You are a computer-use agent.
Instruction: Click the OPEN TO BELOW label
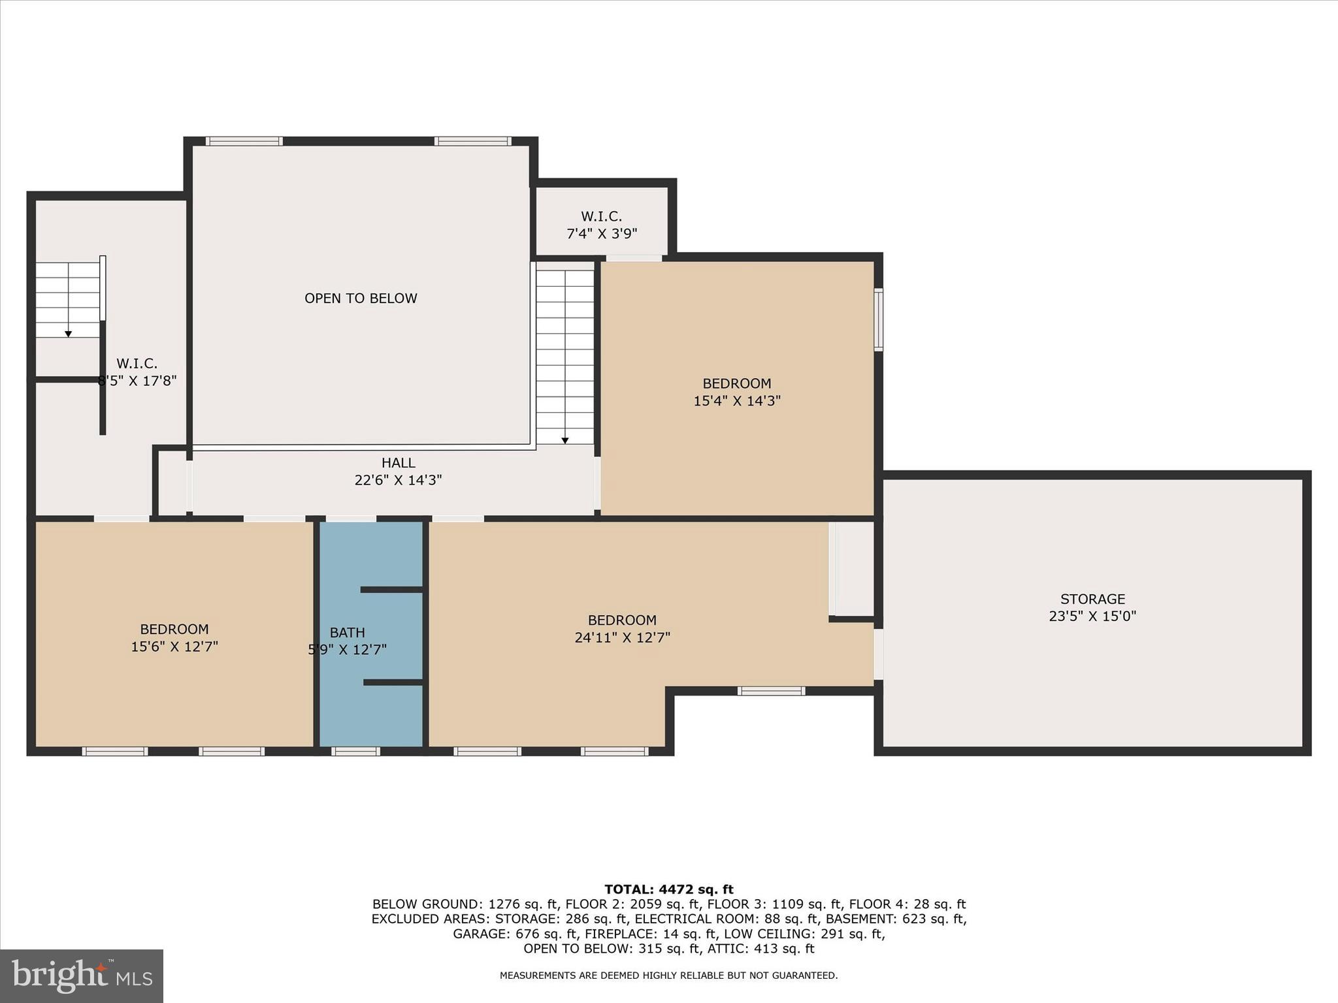point(361,298)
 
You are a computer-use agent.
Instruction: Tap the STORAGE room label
point(1092,599)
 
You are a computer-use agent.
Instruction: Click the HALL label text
point(398,463)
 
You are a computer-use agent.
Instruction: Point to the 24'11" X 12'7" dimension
point(622,637)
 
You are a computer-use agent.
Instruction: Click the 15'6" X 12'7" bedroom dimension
point(174,646)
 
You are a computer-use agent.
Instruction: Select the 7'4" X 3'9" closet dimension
point(601,233)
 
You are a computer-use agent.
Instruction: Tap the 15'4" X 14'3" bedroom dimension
point(737,401)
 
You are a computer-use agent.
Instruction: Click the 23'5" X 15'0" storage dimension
point(1092,616)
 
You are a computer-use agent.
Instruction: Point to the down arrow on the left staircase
point(68,334)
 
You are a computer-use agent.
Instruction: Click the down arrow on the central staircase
point(565,441)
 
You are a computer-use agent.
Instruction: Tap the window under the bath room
point(355,752)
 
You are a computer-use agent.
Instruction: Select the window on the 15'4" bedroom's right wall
point(879,320)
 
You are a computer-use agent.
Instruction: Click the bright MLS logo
point(82,976)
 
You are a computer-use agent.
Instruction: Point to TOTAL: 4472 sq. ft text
point(668,889)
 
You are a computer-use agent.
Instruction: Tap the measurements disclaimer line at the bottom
point(668,976)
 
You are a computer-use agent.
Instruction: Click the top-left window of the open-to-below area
point(244,141)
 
